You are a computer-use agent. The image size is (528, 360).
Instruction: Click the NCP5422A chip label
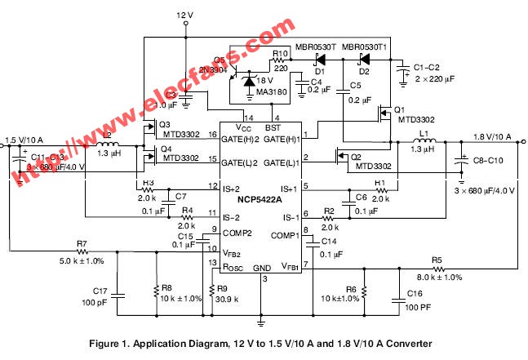click(x=260, y=200)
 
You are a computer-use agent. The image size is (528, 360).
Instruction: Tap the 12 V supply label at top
click(x=187, y=16)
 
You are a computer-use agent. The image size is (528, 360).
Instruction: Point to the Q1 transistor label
click(x=399, y=109)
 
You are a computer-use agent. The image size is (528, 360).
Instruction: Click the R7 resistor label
click(x=81, y=243)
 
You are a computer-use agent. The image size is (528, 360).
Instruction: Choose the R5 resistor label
click(x=437, y=260)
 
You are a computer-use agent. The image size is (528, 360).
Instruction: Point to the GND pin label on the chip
click(x=262, y=268)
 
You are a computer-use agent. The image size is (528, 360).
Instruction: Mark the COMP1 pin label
click(x=285, y=236)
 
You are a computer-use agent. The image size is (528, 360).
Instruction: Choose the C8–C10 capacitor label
click(x=490, y=162)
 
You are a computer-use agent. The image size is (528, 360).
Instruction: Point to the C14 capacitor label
click(x=328, y=242)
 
